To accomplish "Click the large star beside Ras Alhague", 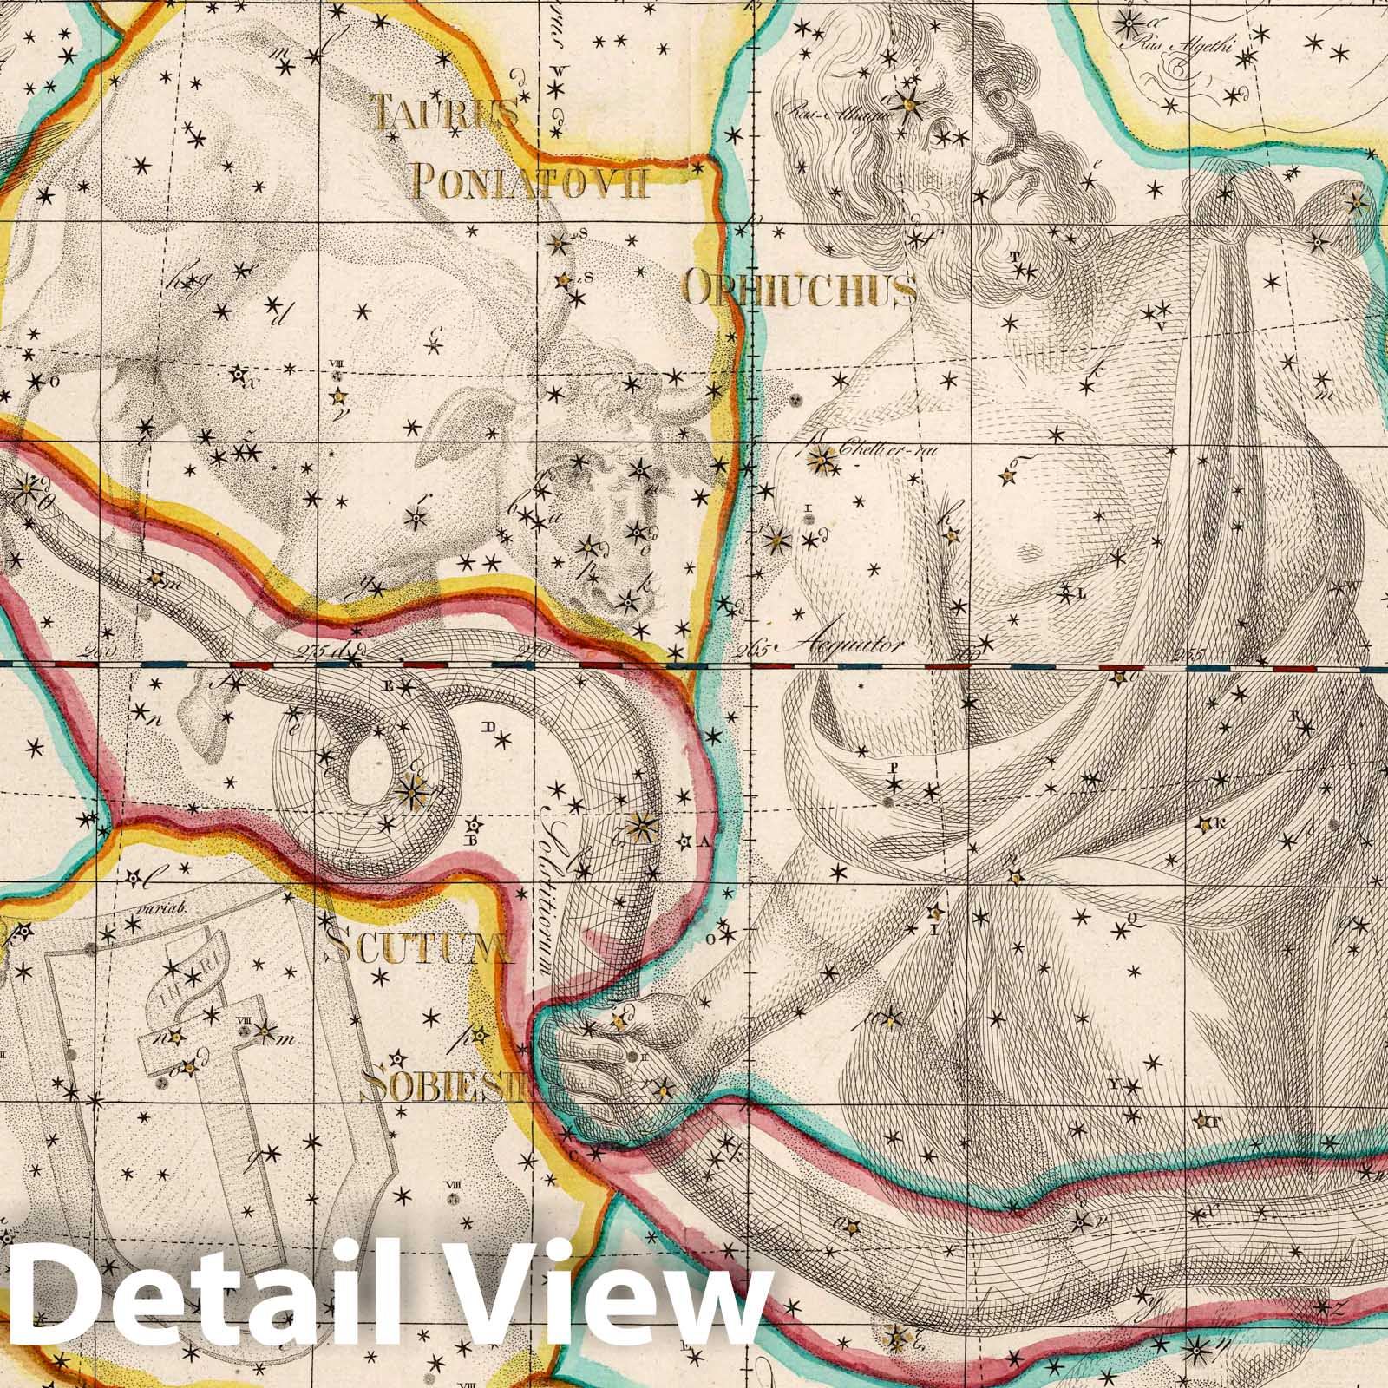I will click(909, 104).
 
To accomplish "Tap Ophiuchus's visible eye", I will click(1005, 98).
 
